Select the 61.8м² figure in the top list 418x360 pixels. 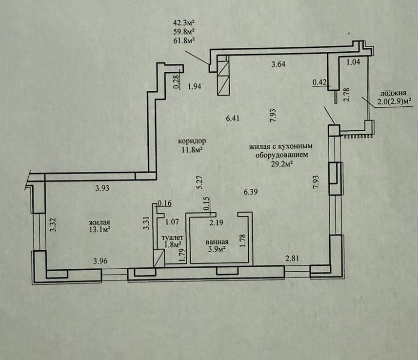click(x=183, y=41)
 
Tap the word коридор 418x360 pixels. click(x=192, y=141)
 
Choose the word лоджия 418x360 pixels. click(x=393, y=93)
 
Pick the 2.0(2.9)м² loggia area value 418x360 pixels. click(x=394, y=101)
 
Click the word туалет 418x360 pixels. click(x=173, y=238)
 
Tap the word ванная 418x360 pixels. click(x=217, y=242)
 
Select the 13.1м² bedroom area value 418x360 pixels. click(x=100, y=230)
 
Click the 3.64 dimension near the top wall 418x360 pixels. click(x=279, y=64)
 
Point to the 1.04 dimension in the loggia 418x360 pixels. click(x=353, y=62)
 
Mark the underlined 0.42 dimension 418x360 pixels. click(x=319, y=82)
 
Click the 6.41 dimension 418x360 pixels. click(x=233, y=118)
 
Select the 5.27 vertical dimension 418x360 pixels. click(x=200, y=182)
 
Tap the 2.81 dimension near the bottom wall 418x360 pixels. click(x=292, y=258)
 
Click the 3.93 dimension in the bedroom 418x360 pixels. click(x=102, y=188)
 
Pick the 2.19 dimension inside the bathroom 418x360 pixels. click(x=216, y=222)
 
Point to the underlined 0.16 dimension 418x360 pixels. click(x=165, y=204)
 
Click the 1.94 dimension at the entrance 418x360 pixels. click(x=194, y=86)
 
